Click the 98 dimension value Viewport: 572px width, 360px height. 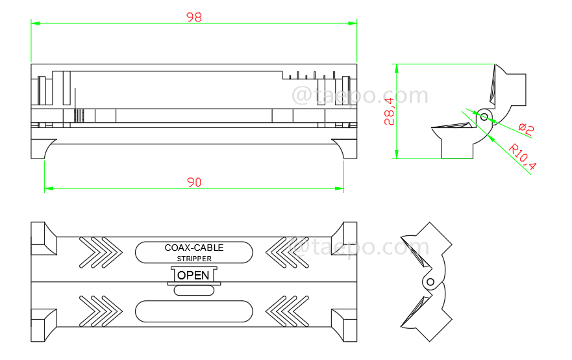(x=193, y=18)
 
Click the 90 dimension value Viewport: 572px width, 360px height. (x=193, y=183)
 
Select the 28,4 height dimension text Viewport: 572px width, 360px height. (x=389, y=111)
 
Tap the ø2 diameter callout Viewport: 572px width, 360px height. (x=526, y=129)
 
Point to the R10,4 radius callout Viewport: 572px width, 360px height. (x=523, y=157)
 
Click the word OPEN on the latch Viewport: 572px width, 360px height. (x=193, y=275)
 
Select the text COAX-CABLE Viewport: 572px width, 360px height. (x=193, y=248)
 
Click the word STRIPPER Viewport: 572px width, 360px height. (x=193, y=259)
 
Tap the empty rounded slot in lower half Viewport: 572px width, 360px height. (x=193, y=311)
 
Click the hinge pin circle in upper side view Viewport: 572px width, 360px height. (x=484, y=116)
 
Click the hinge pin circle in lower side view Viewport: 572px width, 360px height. (x=429, y=281)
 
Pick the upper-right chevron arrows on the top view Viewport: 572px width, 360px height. (x=288, y=251)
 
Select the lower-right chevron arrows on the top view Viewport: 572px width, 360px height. (x=288, y=311)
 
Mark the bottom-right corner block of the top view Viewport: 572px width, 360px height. (x=345, y=324)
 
